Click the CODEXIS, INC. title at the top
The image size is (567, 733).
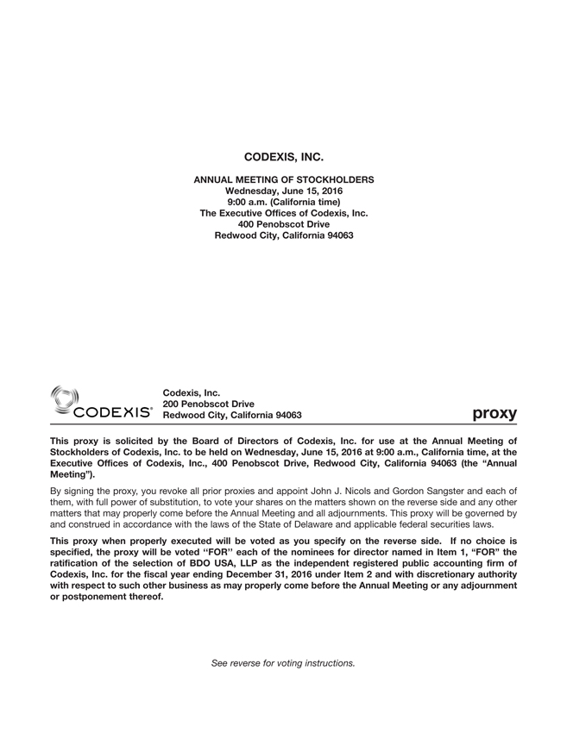(283, 158)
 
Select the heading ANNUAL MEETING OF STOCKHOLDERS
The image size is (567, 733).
(283, 179)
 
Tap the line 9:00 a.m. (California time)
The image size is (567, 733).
(283, 202)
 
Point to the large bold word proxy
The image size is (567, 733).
(495, 413)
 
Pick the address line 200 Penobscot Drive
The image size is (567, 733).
(208, 404)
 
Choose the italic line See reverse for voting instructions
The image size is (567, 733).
(283, 663)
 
